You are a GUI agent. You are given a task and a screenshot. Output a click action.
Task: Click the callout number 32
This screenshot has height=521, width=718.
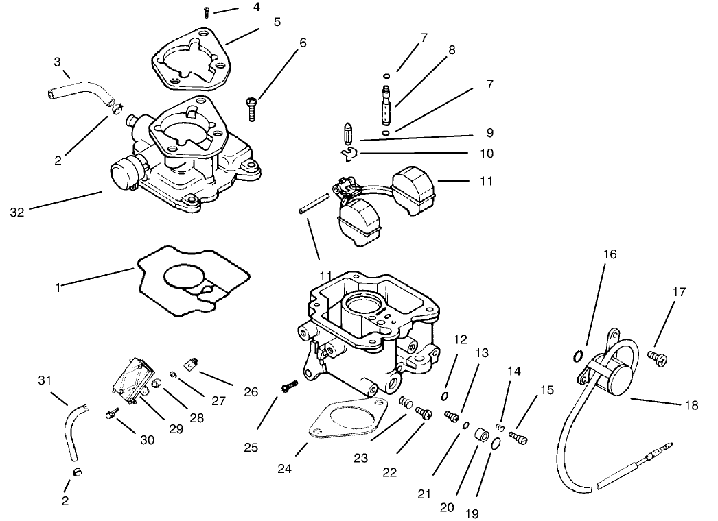tap(17, 213)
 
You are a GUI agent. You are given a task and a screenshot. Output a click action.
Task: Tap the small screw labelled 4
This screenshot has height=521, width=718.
tap(207, 10)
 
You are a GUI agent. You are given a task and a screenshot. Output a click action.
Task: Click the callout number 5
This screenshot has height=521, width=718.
tap(277, 22)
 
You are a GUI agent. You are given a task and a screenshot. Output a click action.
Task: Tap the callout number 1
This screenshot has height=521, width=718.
tap(58, 288)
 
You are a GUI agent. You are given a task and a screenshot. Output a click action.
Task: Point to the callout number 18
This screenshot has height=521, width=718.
tap(691, 405)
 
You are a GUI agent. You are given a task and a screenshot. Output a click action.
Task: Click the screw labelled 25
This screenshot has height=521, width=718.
tap(289, 387)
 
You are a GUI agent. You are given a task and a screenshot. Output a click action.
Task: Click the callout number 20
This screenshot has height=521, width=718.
tap(447, 507)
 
